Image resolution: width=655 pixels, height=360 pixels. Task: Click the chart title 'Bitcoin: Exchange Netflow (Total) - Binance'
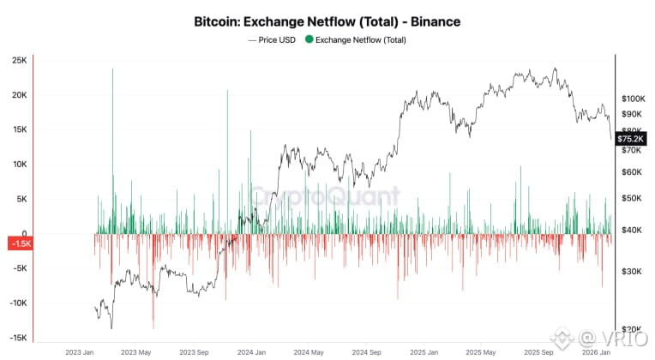(x=327, y=21)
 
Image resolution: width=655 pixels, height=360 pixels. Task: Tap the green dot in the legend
(x=310, y=39)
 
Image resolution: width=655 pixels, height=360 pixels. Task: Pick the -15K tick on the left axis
(x=19, y=339)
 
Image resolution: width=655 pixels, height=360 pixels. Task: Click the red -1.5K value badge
(x=20, y=244)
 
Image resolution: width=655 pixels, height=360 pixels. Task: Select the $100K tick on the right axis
(x=633, y=99)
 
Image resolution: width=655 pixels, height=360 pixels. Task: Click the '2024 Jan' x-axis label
(x=255, y=351)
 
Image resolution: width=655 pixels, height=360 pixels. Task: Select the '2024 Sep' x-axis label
(x=373, y=351)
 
